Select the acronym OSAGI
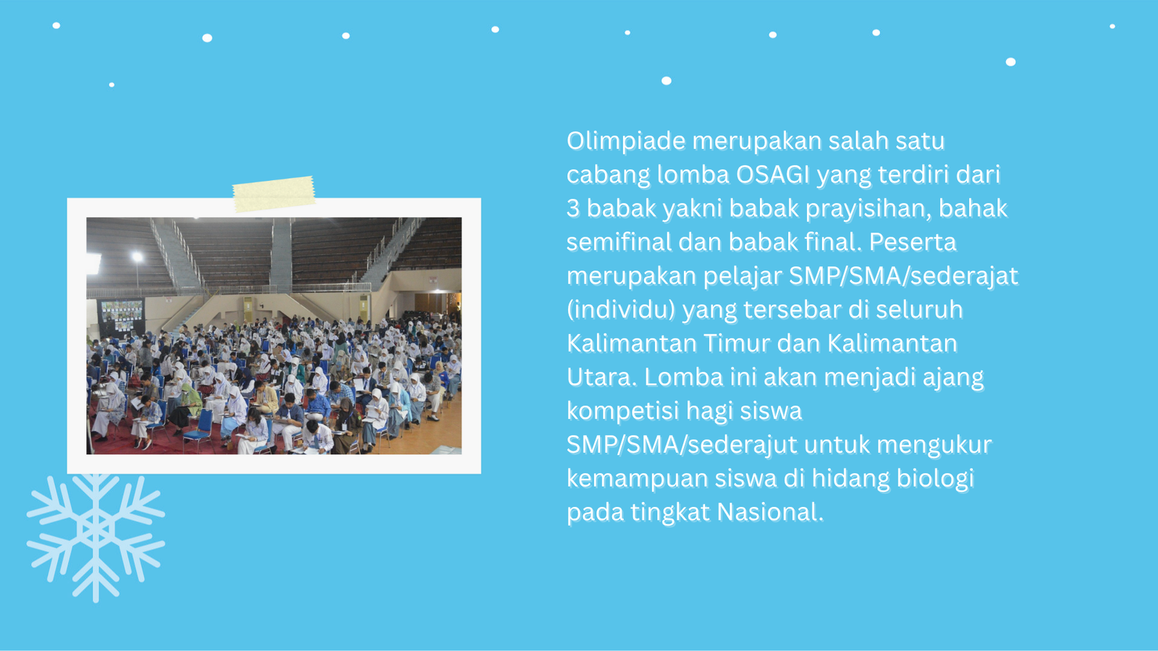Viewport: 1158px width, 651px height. click(x=773, y=174)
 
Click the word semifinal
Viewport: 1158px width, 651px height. click(x=619, y=242)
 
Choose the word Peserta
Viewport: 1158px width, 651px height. click(x=913, y=242)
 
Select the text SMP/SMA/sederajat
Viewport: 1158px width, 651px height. click(x=904, y=276)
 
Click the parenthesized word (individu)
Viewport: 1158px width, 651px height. click(x=621, y=310)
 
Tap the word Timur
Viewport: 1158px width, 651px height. click(x=737, y=344)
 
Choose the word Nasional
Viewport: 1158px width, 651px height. click(x=770, y=513)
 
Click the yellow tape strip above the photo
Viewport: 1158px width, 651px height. click(x=274, y=194)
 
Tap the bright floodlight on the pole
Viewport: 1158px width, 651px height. click(x=137, y=257)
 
